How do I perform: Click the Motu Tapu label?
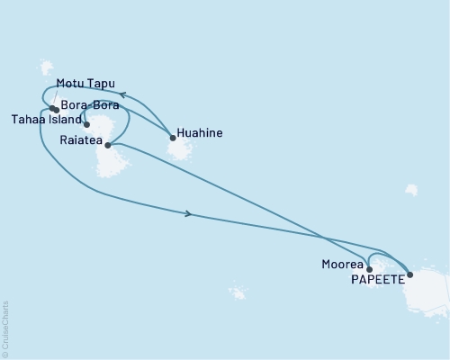pos(85,86)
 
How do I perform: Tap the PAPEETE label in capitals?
pos(377,277)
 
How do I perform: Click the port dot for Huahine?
pos(172,138)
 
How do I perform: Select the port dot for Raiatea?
pos(108,145)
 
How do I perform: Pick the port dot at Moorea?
pos(369,269)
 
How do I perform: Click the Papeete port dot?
pos(410,274)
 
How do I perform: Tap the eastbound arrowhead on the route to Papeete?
pos(188,213)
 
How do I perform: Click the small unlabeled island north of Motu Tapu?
pos(47,67)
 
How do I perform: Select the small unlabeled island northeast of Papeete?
pos(410,190)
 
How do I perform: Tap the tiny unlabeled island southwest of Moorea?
pos(237,293)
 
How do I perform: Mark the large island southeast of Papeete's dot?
pos(430,292)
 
